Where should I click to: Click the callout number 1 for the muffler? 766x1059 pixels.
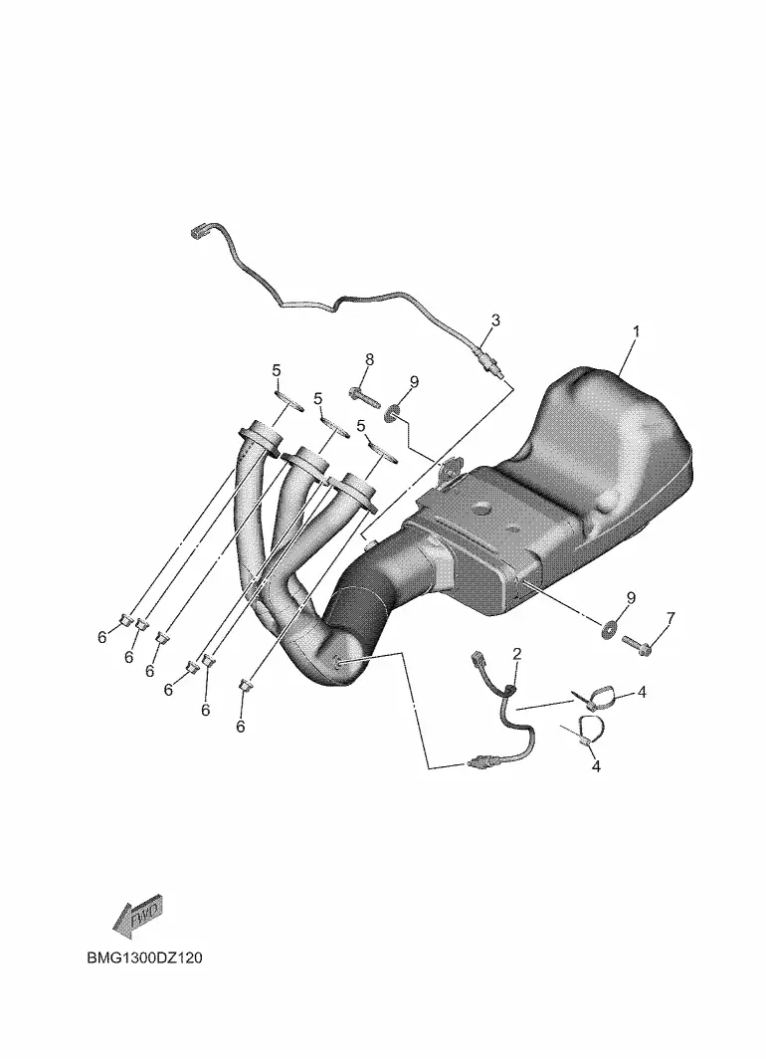click(x=635, y=331)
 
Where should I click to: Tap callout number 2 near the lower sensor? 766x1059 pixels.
click(x=517, y=653)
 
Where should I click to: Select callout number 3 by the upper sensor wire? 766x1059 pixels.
click(x=495, y=319)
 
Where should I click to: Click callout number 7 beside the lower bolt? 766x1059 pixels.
click(x=670, y=617)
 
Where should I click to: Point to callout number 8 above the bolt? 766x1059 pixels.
click(x=369, y=359)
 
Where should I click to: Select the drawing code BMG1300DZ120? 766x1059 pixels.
click(x=144, y=957)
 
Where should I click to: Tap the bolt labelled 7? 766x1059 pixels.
click(x=637, y=644)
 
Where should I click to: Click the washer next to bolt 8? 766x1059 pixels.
click(x=391, y=412)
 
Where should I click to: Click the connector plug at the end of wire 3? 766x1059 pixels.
click(x=198, y=231)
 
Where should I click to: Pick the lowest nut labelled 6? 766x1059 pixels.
click(x=246, y=686)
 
